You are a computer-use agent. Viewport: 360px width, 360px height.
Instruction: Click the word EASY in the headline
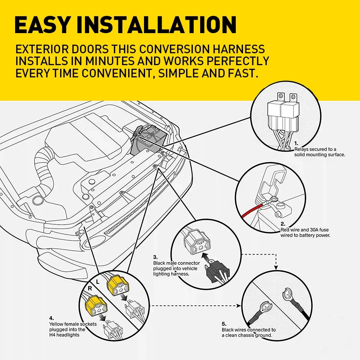[42, 25]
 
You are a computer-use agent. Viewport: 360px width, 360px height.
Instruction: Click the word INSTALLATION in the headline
[156, 25]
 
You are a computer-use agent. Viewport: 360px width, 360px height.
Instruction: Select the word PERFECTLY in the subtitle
[238, 61]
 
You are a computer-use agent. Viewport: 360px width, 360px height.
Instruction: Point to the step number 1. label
[296, 144]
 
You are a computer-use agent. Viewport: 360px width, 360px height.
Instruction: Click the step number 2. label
[283, 224]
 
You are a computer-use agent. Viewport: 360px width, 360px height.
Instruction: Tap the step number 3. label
[156, 257]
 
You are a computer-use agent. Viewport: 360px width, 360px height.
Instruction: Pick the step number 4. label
[51, 318]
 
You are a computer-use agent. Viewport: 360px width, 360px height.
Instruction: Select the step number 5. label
[224, 324]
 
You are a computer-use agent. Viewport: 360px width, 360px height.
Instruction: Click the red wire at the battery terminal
[253, 210]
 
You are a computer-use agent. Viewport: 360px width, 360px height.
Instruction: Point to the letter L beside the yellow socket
[98, 282]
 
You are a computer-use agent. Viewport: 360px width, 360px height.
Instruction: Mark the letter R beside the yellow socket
[90, 288]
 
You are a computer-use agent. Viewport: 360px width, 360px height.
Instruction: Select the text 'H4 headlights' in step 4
[64, 335]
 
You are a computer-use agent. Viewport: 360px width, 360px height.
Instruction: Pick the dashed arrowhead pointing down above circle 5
[276, 268]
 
